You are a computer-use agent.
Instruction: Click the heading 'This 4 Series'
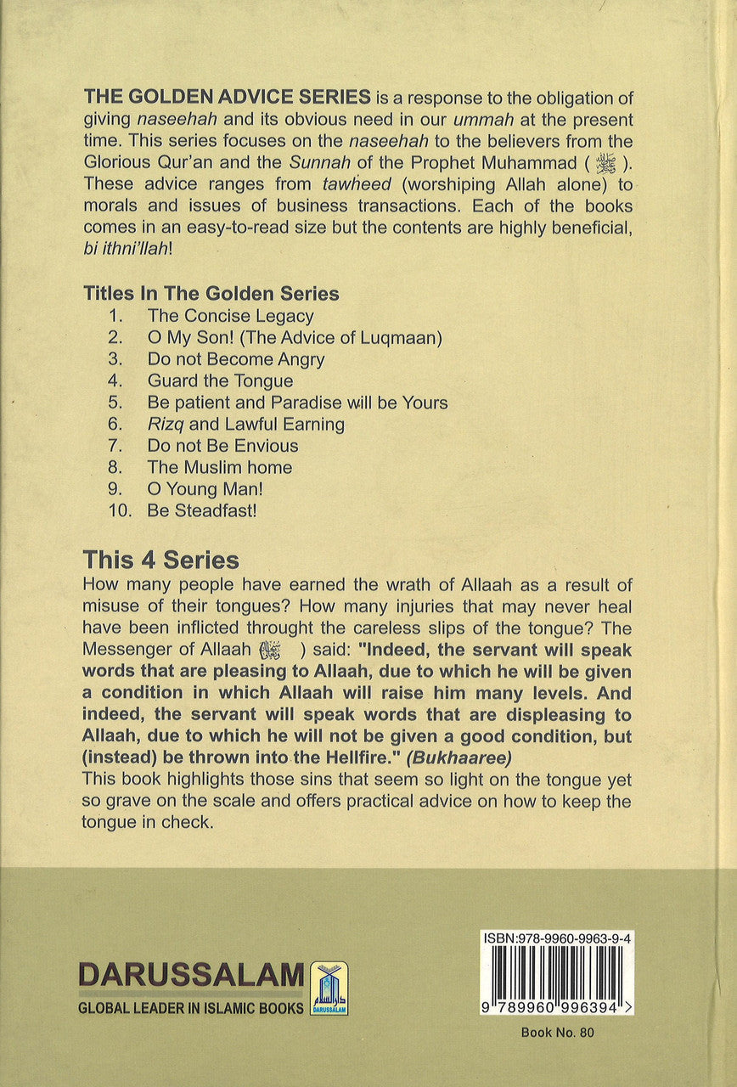point(160,560)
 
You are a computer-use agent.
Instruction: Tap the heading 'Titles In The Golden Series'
point(211,294)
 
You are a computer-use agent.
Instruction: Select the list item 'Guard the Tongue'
point(220,381)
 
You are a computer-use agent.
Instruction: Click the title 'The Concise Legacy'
point(230,316)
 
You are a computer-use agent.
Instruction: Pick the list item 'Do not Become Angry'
point(235,359)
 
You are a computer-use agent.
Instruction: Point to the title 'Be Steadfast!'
point(201,511)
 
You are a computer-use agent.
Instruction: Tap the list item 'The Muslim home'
point(219,467)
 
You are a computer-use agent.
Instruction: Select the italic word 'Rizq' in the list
point(163,424)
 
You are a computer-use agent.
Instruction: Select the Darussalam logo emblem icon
point(329,988)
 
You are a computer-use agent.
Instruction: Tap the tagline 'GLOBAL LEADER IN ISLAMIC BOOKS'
point(191,1008)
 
